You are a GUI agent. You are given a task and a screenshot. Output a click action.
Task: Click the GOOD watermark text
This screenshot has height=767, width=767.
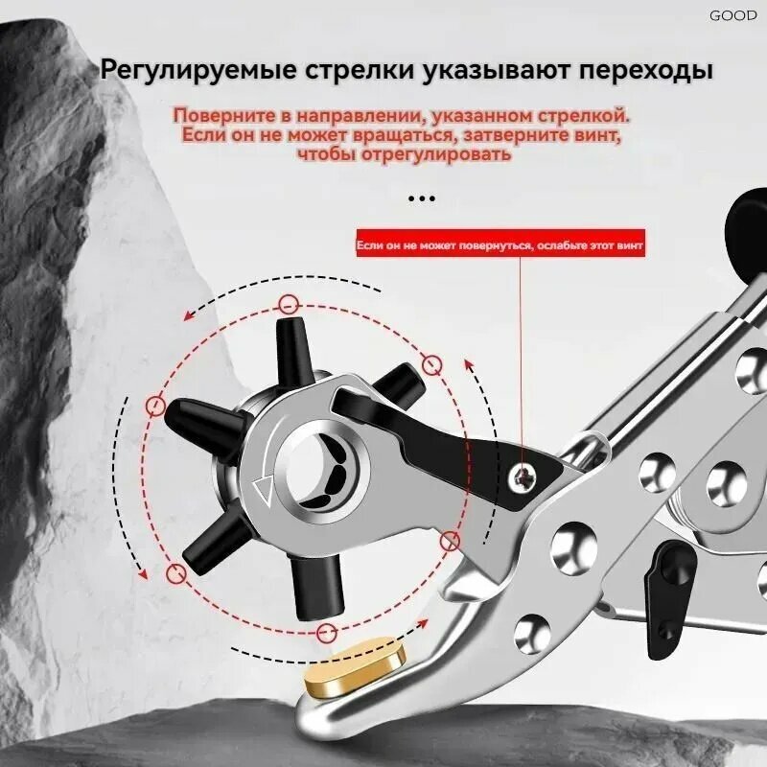coord(732,15)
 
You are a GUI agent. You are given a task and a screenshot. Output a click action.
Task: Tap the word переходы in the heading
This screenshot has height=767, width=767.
coord(645,70)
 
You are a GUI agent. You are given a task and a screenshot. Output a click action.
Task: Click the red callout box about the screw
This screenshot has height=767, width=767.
coord(500,244)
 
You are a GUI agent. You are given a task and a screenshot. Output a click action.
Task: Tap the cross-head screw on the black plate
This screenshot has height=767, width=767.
coord(522,476)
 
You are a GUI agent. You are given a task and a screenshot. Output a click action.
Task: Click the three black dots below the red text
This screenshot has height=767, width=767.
coord(422,198)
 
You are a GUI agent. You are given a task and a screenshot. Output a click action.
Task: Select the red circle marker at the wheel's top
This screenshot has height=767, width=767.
coord(289,305)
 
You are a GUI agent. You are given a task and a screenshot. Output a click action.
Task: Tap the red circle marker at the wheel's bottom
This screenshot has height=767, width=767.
coord(326,634)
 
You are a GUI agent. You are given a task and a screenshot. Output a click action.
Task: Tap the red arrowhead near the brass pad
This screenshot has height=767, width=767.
coord(422,623)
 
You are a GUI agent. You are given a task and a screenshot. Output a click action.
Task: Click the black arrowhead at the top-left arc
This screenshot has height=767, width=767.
coord(189,316)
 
